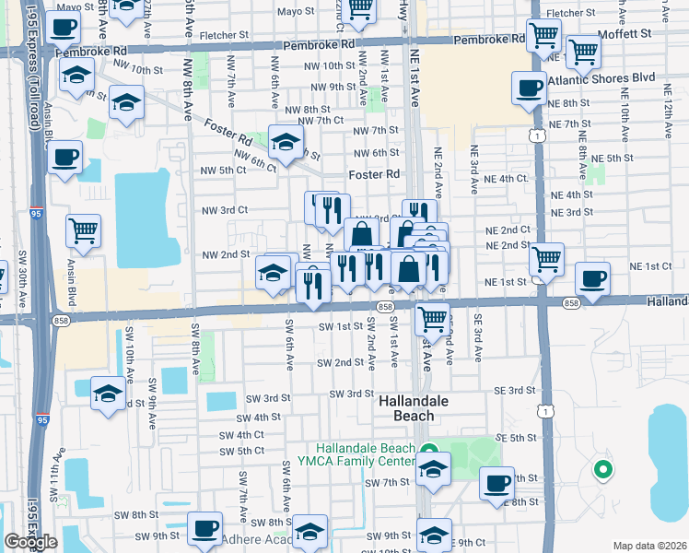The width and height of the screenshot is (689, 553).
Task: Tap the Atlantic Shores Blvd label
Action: coord(601,78)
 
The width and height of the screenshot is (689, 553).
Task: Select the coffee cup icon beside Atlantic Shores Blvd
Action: coord(529,89)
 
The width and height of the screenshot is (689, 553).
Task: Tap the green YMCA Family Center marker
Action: coord(429,450)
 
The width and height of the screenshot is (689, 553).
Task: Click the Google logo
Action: coord(29,542)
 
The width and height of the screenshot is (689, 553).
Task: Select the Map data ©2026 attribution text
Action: coord(649,545)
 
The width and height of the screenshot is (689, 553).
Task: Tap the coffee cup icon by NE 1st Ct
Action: coord(593,277)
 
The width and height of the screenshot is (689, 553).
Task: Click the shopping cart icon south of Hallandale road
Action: coord(431,319)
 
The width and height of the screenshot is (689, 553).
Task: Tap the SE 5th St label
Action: coord(516,438)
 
